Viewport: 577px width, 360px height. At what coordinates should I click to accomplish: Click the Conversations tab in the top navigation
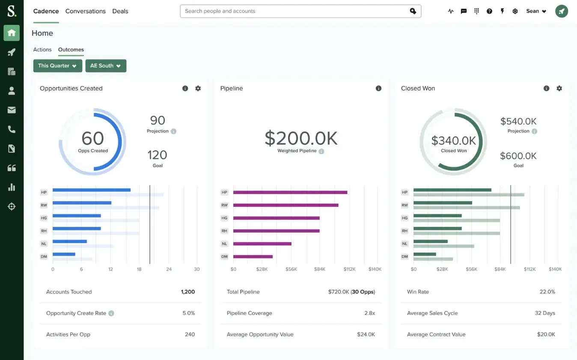click(x=85, y=11)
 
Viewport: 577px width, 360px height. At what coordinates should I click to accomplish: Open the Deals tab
click(x=120, y=11)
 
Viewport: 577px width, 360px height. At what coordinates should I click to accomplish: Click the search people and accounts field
click(x=295, y=11)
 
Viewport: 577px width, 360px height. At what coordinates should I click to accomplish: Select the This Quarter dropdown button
click(x=57, y=65)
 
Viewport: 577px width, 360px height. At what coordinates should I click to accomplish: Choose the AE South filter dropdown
click(x=105, y=65)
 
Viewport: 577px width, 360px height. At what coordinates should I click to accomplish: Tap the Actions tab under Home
click(x=42, y=50)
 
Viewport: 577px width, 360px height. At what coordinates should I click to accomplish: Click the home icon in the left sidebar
click(x=12, y=33)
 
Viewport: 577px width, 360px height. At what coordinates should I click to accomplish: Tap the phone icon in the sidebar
click(x=12, y=129)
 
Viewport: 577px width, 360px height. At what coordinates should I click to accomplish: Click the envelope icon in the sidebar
click(x=12, y=110)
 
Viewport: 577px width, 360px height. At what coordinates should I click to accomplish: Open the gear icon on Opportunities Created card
click(x=198, y=88)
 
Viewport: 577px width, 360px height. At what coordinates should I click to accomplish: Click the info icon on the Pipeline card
click(x=378, y=88)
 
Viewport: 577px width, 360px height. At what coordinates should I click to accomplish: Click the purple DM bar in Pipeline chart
click(x=253, y=256)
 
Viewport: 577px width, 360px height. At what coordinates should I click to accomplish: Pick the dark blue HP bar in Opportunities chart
click(x=92, y=190)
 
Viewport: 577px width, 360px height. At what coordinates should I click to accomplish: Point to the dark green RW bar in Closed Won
click(x=443, y=203)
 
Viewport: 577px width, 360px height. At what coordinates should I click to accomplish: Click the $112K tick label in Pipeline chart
click(x=349, y=269)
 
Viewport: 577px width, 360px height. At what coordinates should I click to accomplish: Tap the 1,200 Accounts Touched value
click(x=188, y=292)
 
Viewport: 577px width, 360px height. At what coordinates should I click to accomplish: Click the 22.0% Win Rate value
click(x=547, y=292)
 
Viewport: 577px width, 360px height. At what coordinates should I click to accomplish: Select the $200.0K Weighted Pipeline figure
click(x=301, y=138)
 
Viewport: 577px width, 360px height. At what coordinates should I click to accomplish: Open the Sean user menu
click(x=536, y=11)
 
